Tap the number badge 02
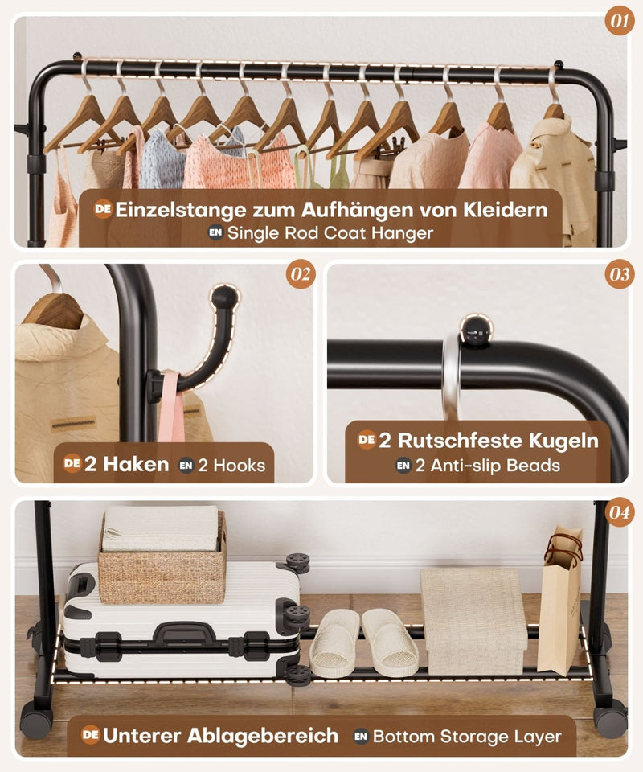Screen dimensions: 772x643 point(301,275)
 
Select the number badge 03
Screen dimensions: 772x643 point(620,275)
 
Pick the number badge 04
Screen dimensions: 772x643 point(620,512)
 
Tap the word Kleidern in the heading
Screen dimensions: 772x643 point(505,211)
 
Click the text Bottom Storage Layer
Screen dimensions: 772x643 point(466,736)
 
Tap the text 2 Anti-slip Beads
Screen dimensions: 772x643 point(487,465)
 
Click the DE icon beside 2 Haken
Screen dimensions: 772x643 point(72,464)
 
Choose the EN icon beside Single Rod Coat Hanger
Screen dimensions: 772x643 point(215,234)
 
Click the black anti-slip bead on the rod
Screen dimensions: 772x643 point(475,330)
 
